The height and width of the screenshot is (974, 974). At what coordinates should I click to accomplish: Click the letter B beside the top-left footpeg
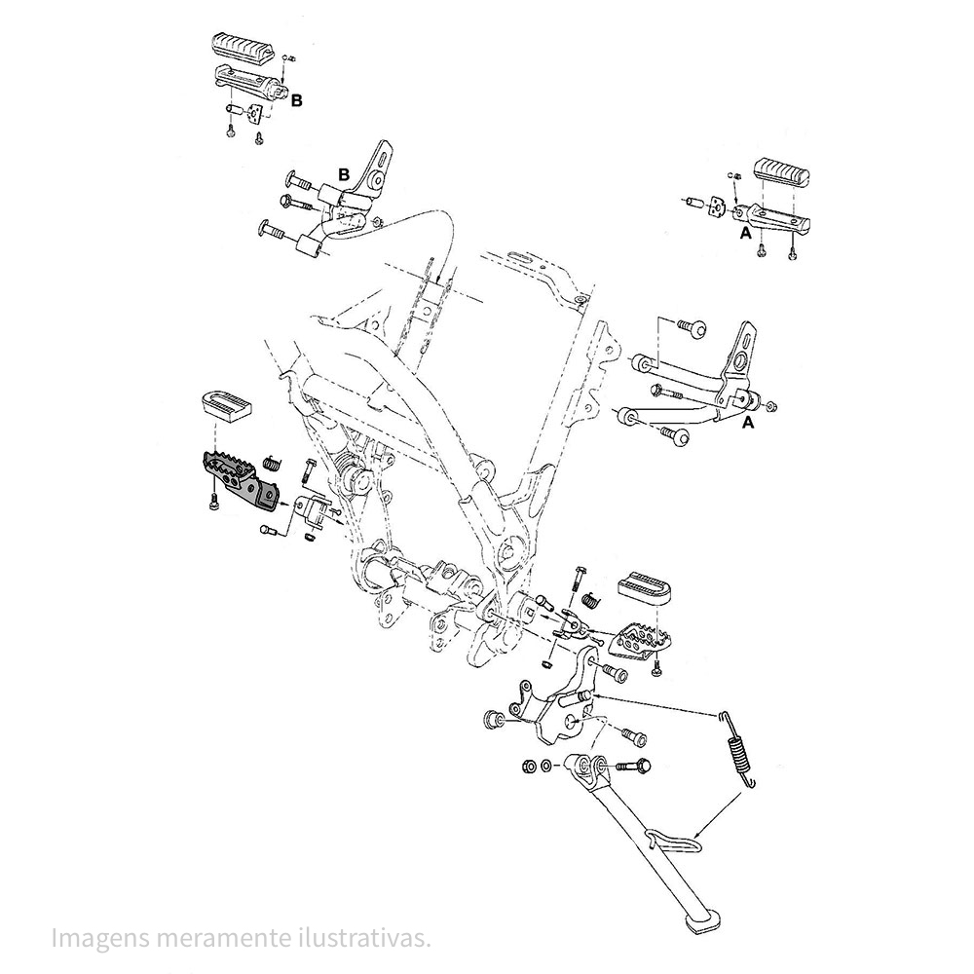coord(297,99)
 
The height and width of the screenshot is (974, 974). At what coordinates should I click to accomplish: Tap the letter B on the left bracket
coord(343,173)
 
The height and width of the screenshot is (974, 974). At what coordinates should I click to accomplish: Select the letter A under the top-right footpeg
coord(744,235)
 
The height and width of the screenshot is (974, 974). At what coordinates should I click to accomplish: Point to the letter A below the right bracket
coord(748,424)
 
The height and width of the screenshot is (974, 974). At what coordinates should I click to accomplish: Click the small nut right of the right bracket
coord(772,404)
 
